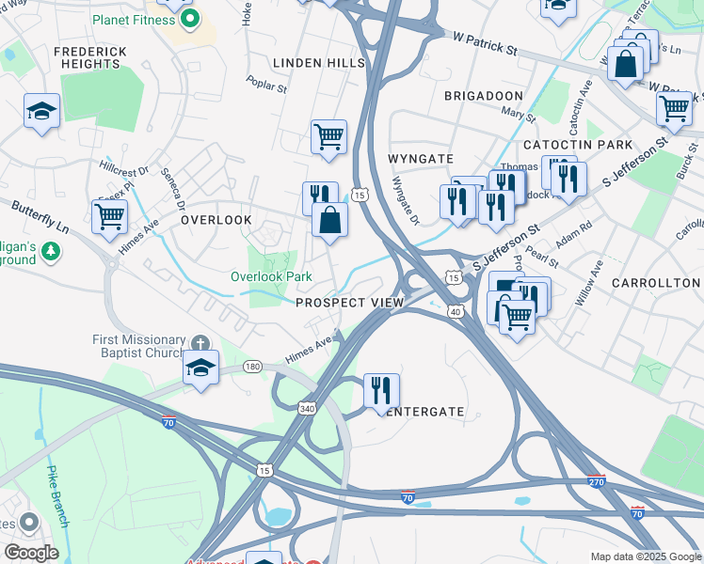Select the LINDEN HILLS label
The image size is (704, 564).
point(318,63)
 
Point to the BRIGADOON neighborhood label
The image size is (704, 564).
point(483,97)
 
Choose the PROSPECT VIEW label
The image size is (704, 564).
point(349,303)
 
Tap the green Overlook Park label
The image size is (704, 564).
point(271,277)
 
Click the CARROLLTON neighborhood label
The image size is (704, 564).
point(656,283)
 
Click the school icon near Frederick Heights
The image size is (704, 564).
point(41,113)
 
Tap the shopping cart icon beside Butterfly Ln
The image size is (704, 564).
point(110,216)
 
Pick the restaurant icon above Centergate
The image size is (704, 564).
point(381,390)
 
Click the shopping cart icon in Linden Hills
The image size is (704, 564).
point(328,136)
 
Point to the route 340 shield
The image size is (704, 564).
point(308,409)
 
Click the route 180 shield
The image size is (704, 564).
point(252,367)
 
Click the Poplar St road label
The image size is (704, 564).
point(269,86)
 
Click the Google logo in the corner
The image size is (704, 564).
point(31,553)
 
